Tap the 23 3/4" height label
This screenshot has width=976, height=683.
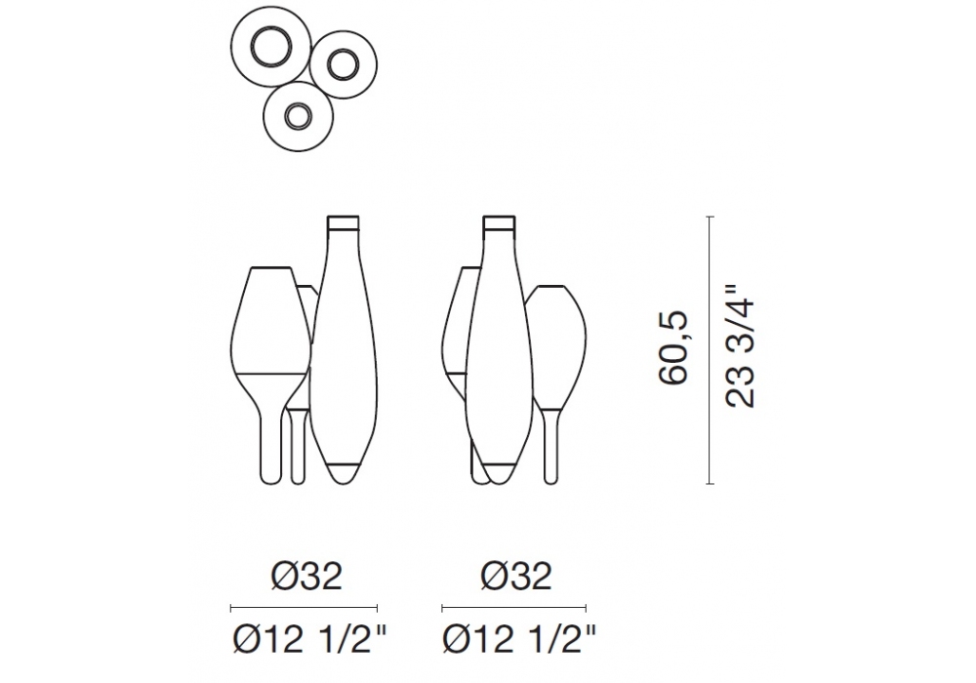click(740, 346)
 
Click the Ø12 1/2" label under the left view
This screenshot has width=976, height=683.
click(310, 639)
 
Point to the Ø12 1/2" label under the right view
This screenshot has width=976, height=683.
click(519, 639)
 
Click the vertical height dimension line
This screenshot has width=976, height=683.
click(711, 350)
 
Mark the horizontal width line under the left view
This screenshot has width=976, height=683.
click(304, 608)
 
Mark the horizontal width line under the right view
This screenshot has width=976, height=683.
click(513, 608)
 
